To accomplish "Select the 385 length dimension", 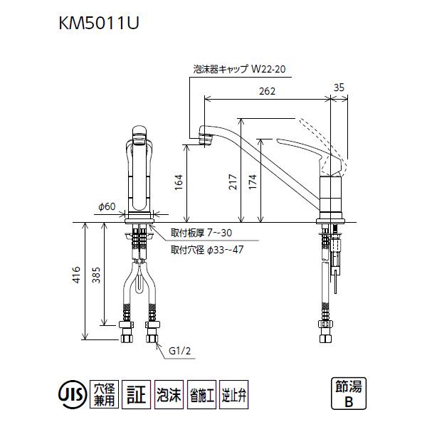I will pyautogui.click(x=96, y=280).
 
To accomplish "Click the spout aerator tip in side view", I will pyautogui.click(x=207, y=139).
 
